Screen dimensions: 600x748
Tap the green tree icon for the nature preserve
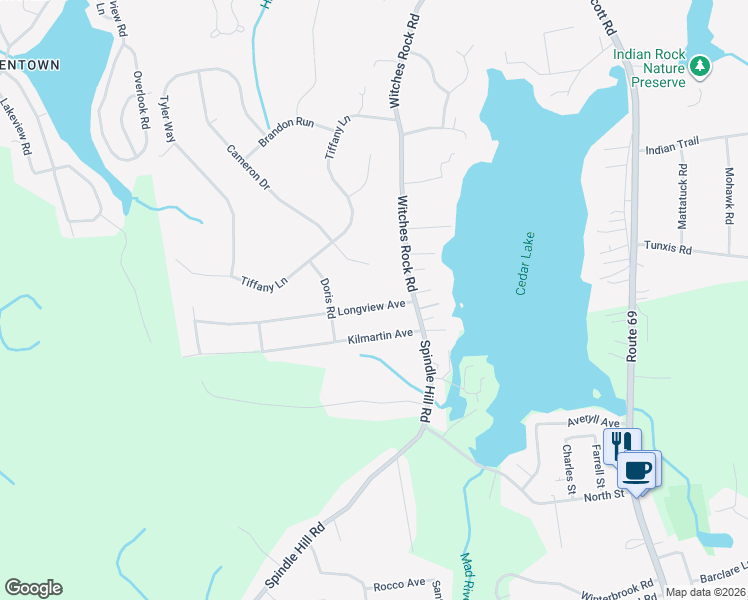[701, 67]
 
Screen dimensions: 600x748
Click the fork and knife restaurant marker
[624, 444]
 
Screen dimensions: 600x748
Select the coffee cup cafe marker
[638, 468]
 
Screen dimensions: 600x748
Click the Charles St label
[567, 469]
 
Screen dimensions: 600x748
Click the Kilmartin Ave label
[380, 336]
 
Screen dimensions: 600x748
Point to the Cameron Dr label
[248, 167]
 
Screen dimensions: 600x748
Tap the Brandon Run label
[287, 131]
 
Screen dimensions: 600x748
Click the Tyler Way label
[167, 119]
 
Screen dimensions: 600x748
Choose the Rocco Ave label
[399, 584]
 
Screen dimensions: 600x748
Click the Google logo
[33, 588]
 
